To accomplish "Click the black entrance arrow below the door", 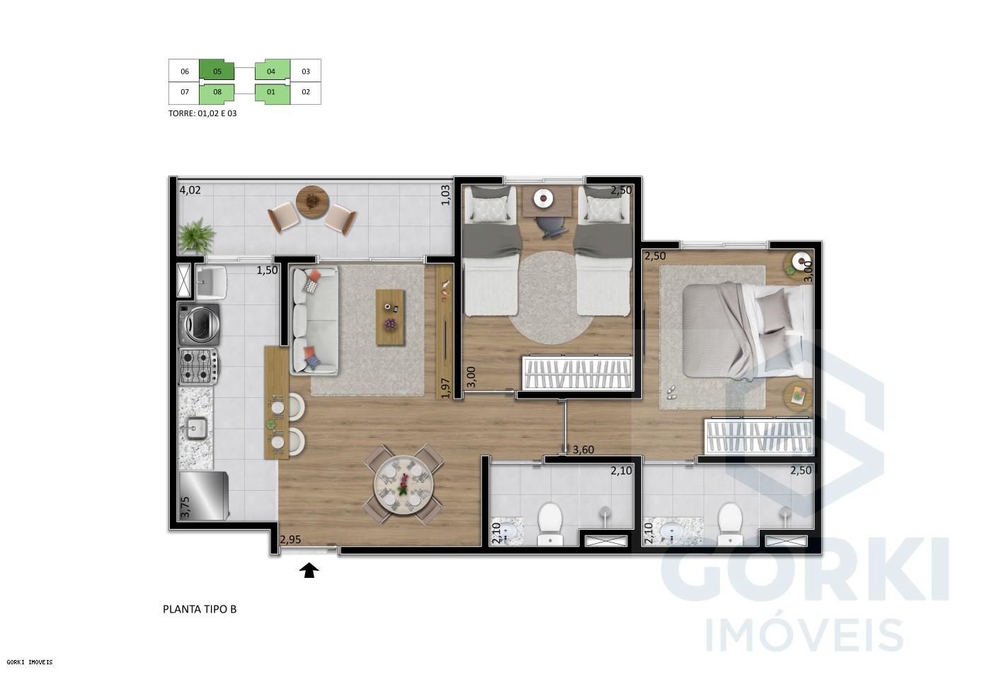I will coord(309,570).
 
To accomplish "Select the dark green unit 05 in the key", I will coord(217,71).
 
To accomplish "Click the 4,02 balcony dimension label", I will coord(190,190).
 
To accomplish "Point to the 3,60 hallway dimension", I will coord(583,449).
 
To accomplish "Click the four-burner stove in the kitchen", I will coord(198,366).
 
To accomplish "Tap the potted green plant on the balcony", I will coord(197,235).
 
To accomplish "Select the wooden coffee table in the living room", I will coord(391,317).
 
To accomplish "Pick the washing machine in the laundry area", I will coord(199,324).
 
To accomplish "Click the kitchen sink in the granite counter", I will coord(195,428).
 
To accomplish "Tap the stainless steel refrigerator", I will coord(203,496).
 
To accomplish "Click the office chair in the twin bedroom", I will coord(550,224).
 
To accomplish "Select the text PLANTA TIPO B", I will coord(200,608).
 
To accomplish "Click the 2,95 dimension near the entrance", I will coord(290,540).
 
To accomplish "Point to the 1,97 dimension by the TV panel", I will coord(445,388).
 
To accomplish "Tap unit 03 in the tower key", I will coord(306,71).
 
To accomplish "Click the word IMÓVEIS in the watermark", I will coord(804,634).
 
